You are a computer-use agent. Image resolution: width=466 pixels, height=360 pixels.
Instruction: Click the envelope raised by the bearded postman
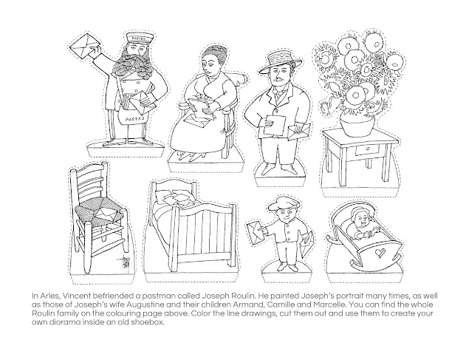[84, 47]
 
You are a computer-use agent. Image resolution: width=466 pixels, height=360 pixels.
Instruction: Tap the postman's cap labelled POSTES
[137, 38]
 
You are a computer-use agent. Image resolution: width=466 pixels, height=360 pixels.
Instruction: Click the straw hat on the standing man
[280, 62]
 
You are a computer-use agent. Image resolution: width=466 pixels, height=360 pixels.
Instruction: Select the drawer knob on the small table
[368, 149]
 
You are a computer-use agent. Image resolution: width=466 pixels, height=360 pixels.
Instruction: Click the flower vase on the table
[357, 126]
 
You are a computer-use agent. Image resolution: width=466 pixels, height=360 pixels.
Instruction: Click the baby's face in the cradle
[361, 220]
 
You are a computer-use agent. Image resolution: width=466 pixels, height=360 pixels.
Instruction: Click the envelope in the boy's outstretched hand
[256, 232]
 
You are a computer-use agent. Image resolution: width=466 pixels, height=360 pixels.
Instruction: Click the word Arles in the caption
[49, 296]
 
